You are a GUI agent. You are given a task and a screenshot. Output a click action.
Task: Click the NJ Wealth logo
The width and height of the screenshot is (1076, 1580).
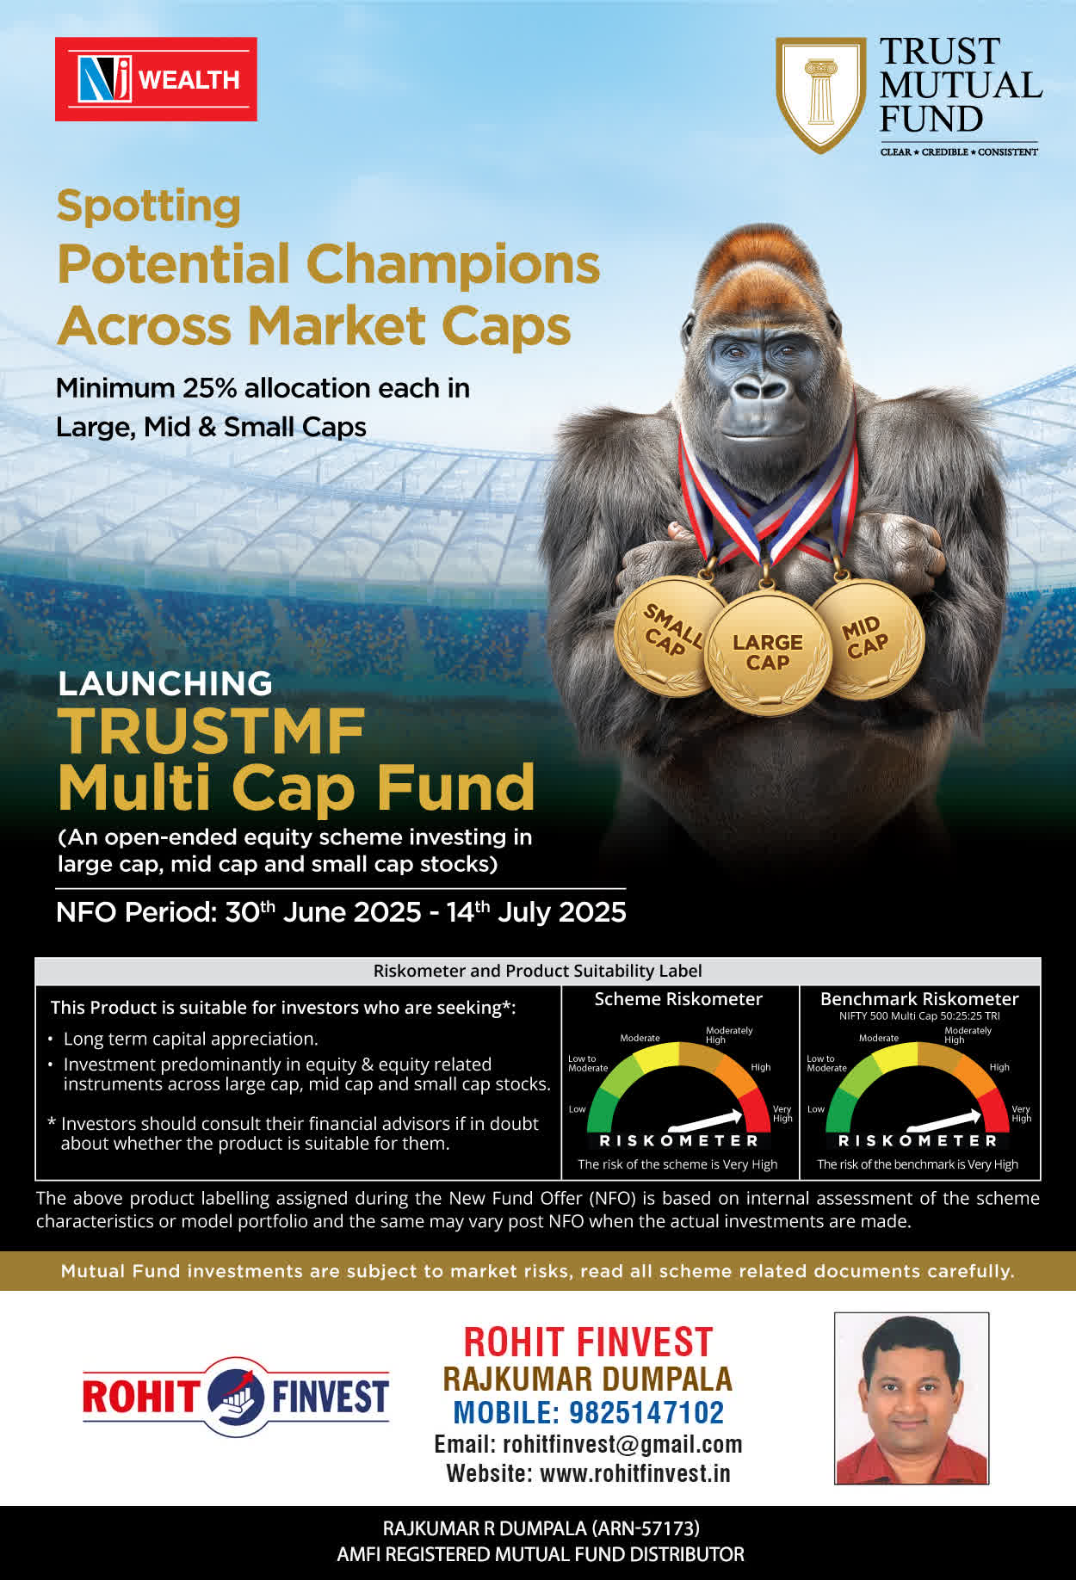156,79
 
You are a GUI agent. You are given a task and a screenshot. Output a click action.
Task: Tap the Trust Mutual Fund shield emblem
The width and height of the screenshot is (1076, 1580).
821,95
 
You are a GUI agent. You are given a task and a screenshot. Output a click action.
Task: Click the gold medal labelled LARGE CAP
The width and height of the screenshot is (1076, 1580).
768,653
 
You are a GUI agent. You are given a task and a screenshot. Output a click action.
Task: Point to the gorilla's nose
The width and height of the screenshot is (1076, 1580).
758,389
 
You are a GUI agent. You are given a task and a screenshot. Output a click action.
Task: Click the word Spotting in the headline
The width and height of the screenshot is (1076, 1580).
148,207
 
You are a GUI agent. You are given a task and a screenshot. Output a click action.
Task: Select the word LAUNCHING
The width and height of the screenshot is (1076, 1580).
165,683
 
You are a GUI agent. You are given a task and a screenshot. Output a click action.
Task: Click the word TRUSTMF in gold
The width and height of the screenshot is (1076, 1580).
212,731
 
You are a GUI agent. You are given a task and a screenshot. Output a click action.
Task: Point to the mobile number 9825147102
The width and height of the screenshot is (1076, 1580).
646,1412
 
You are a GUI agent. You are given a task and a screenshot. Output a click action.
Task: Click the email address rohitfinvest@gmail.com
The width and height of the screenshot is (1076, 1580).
622,1444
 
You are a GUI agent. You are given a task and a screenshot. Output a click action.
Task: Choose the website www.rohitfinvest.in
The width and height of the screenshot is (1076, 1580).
635,1473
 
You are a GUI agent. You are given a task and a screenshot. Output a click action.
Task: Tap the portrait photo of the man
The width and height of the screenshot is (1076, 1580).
912,1398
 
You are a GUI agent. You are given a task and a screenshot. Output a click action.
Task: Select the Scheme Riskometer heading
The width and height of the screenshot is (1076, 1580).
678,999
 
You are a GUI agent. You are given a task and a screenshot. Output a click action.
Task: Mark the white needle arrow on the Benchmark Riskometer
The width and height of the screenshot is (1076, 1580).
944,1120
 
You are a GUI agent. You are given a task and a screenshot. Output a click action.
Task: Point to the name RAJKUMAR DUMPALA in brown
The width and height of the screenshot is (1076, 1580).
587,1379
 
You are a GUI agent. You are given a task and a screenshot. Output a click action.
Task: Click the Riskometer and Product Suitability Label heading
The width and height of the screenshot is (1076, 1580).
538,971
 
